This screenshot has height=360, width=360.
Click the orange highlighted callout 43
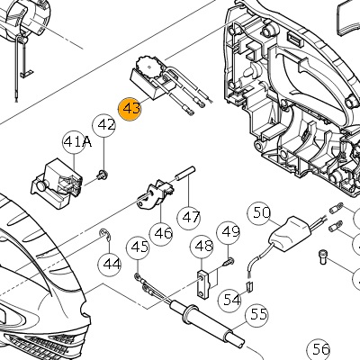(x=130, y=108)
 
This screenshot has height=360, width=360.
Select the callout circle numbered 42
(x=104, y=126)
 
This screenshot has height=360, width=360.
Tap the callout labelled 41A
(x=75, y=141)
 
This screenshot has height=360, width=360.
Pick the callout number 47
(x=189, y=218)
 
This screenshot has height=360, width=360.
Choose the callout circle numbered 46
(x=161, y=234)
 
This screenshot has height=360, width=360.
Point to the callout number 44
(x=110, y=264)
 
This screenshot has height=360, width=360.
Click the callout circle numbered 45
(x=138, y=247)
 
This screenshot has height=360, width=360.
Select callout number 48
(x=202, y=247)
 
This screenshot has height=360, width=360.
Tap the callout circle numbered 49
(x=229, y=233)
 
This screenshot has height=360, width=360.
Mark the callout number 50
(x=259, y=213)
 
